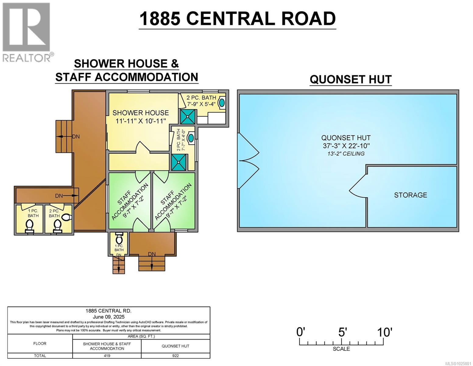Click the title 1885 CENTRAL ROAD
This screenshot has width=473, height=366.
237,19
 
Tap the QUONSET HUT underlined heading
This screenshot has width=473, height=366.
351,79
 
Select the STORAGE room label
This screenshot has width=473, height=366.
410,195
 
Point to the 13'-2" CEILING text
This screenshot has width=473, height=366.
346,154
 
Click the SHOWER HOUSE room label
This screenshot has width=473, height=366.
140,113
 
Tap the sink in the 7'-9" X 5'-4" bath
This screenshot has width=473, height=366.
222,102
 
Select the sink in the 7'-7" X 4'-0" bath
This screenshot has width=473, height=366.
191,138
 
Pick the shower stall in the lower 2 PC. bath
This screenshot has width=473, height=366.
178,162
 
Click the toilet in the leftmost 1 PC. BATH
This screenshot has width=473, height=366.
30,225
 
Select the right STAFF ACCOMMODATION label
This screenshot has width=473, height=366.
173,201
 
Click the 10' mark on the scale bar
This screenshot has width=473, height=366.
384,332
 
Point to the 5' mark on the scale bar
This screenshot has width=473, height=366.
342,332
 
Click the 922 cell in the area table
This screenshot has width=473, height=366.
175,356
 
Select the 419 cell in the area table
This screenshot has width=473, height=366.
107,356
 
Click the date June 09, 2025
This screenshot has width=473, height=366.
108,317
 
